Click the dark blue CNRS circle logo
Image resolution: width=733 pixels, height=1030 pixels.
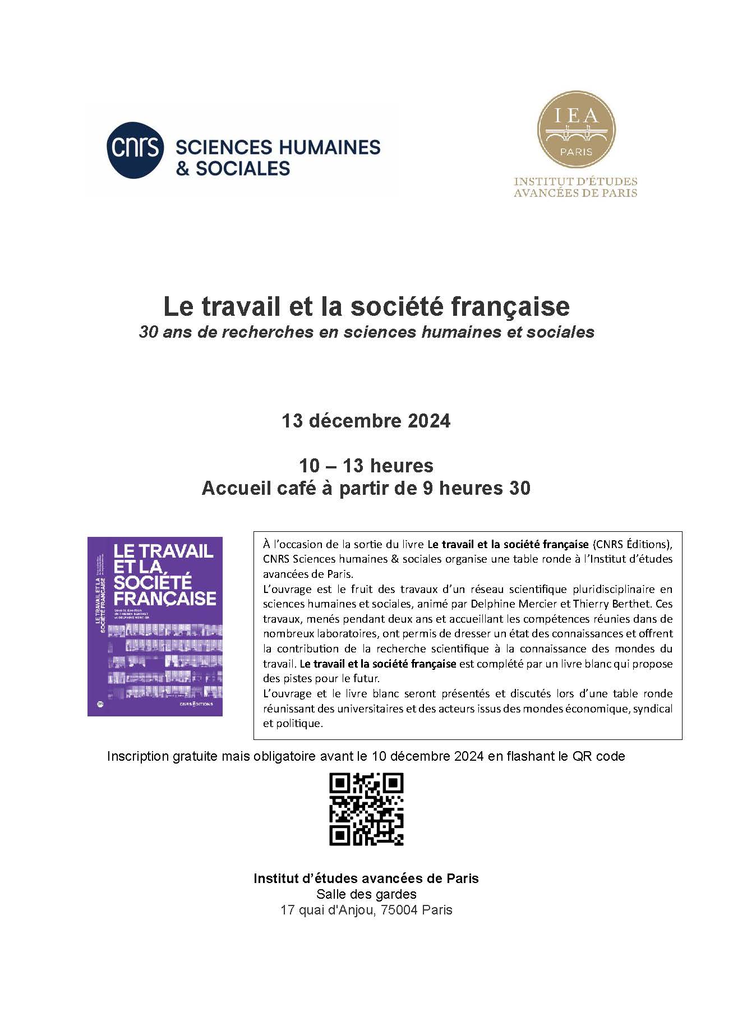135,150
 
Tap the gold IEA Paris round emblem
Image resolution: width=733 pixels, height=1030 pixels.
576,130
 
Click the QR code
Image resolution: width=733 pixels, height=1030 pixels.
366,809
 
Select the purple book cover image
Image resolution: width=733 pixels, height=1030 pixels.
155,626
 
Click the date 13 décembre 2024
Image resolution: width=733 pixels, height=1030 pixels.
366,421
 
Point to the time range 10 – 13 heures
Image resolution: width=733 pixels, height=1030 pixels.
366,466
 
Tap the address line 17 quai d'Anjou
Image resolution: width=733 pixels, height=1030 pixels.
366,910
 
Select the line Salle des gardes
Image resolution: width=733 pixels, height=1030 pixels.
366,894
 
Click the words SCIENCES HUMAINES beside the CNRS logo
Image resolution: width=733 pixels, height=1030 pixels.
278,148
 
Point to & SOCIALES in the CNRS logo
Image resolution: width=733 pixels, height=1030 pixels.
233,168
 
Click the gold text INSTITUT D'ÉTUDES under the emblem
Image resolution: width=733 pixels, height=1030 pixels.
576,182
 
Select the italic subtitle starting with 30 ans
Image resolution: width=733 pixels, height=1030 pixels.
366,332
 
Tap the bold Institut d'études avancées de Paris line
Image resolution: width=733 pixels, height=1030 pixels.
366,878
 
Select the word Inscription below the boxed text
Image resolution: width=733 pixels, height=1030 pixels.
138,756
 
